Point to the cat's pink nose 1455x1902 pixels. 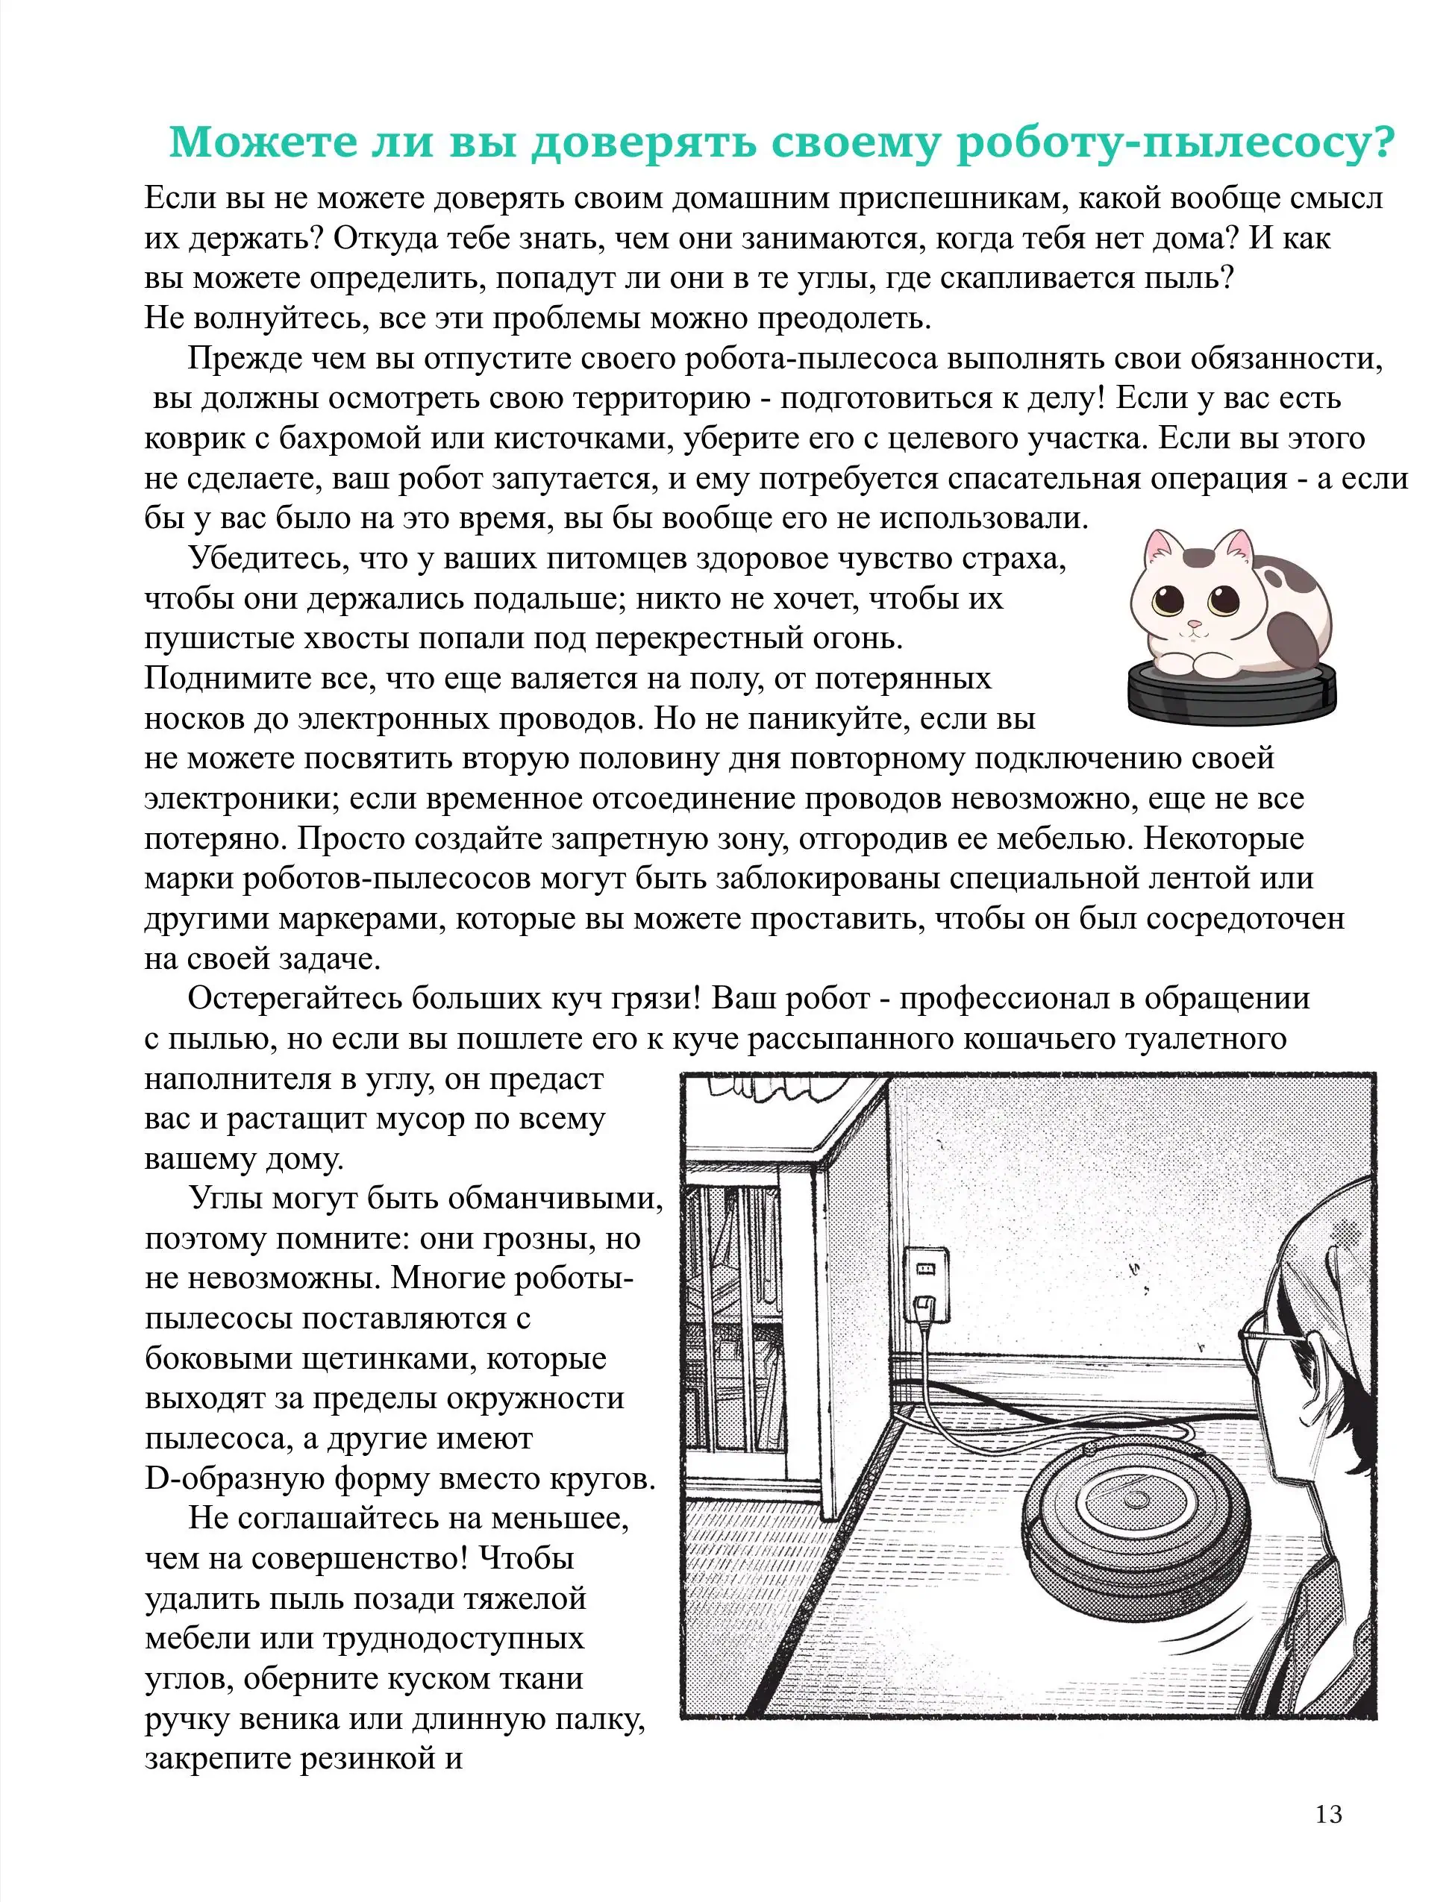tap(1195, 624)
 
